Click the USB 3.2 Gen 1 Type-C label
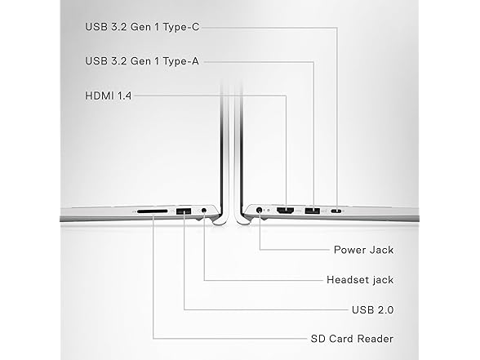pos(142,27)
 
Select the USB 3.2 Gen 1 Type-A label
pos(142,61)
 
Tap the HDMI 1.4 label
pos(108,96)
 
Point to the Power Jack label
pos(364,250)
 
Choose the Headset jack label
pos(360,280)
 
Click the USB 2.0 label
pos(372,310)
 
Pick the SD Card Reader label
pos(352,339)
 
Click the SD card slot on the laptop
pos(153,211)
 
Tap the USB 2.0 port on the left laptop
pos(184,211)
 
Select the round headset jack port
pos(204,211)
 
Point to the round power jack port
pos(260,210)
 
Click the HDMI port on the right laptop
pos(286,211)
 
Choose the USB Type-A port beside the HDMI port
pos(312,211)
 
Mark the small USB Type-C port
pos(337,211)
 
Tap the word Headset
pos(347,280)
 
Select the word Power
pos(349,250)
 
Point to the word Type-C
pos(181,27)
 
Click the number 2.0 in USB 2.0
pos(384,310)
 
